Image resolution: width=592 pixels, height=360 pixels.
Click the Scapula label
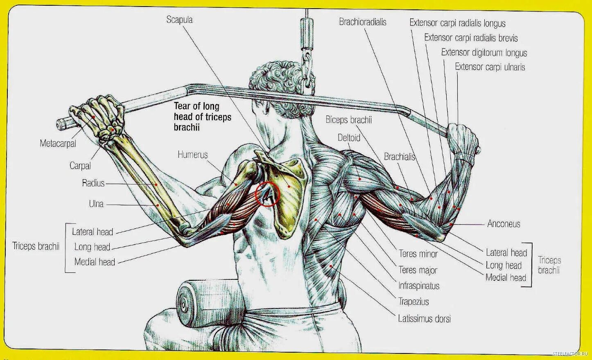179,20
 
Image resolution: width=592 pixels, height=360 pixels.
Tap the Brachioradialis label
362,22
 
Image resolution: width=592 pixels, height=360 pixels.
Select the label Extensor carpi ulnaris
490,67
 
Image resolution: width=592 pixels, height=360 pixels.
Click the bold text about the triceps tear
202,117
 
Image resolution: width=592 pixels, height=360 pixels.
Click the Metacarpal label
58,144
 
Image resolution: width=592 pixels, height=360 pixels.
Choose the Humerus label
192,155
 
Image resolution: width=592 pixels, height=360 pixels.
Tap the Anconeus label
504,224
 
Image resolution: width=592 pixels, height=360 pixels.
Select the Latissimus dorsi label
424,318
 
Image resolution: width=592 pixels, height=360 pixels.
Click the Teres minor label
418,254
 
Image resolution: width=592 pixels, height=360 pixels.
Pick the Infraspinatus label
419,286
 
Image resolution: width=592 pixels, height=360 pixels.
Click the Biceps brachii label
348,120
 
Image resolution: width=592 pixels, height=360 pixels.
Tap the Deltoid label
349,137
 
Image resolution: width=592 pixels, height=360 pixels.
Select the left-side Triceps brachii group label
36,246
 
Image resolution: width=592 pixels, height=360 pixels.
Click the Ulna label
96,204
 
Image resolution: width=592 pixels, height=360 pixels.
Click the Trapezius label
413,302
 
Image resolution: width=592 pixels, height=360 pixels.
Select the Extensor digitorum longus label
484,52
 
